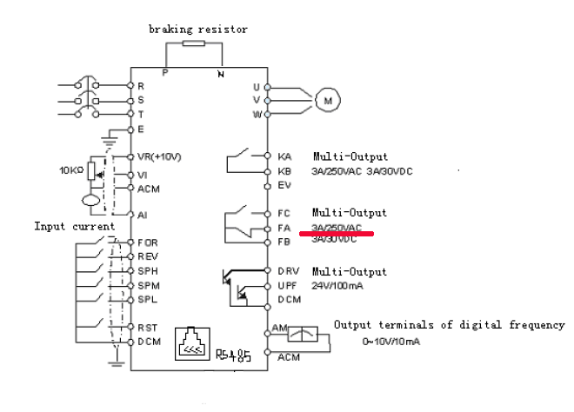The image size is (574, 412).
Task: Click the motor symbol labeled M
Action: pos(328,100)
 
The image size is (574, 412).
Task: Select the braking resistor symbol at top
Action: pos(193,41)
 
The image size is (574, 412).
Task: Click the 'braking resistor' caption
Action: pos(197,29)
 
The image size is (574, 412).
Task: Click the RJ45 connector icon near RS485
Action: pos(191,344)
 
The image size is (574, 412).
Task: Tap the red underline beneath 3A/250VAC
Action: pos(337,233)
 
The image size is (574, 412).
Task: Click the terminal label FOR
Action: pos(148,243)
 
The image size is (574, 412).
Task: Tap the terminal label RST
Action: pos(147,327)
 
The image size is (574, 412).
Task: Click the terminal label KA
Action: pos(284,157)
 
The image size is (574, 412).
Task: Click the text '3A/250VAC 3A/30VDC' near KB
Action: pos(362,171)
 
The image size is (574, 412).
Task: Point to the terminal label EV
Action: pos(284,185)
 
